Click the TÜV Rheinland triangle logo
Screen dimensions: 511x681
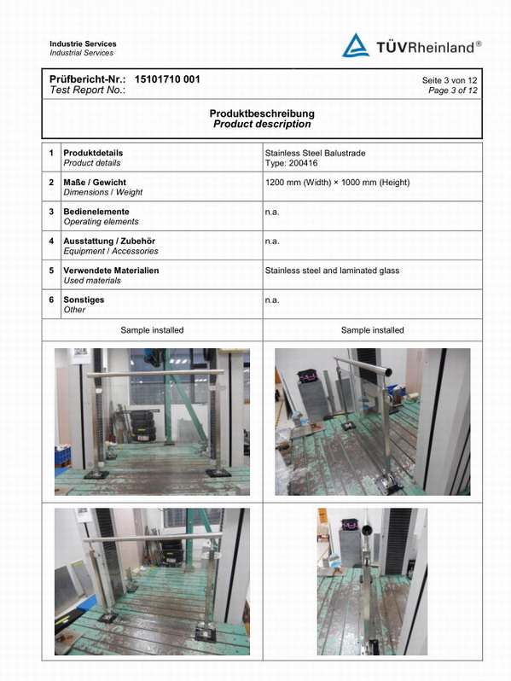point(356,45)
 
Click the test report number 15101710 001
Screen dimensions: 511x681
point(167,79)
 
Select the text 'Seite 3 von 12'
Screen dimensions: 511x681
point(450,80)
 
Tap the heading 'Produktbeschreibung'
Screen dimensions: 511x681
point(262,113)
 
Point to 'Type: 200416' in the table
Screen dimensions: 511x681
point(291,163)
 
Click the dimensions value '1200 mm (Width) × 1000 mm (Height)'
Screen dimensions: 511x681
point(337,183)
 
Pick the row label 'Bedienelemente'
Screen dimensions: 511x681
point(96,212)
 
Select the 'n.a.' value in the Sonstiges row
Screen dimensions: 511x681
point(272,300)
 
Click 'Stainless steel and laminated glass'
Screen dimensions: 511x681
point(332,271)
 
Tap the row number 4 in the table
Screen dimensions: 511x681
point(51,241)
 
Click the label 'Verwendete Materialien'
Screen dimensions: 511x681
point(111,271)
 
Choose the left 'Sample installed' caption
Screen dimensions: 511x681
point(152,330)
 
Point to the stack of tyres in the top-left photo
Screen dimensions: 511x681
point(142,426)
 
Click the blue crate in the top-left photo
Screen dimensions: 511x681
point(62,456)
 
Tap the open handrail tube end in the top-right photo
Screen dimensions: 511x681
point(387,372)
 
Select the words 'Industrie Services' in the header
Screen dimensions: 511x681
point(83,44)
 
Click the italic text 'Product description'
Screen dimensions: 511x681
point(262,125)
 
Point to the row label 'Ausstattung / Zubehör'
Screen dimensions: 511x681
point(109,241)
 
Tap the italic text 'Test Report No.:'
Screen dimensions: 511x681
point(88,90)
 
